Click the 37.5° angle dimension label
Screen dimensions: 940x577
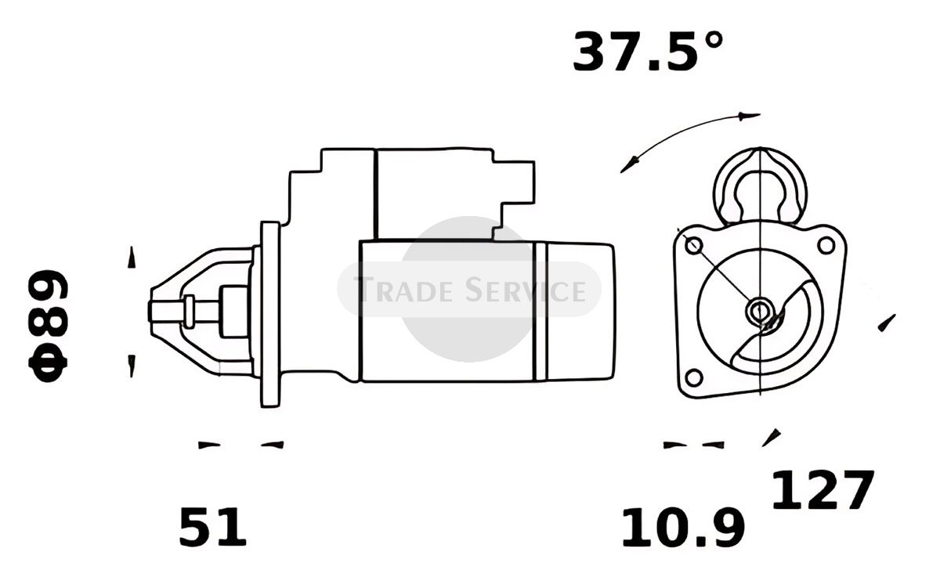648,51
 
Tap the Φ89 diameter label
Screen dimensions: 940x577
48,326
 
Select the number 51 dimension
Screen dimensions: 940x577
212,527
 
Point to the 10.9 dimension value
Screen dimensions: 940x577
683,527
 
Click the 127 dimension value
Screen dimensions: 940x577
823,489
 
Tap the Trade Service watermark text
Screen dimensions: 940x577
469,290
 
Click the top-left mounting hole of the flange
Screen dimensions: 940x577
694,245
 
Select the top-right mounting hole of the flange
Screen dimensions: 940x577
826,245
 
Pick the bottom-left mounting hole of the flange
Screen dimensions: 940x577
694,378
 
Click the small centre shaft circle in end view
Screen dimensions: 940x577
760,312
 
